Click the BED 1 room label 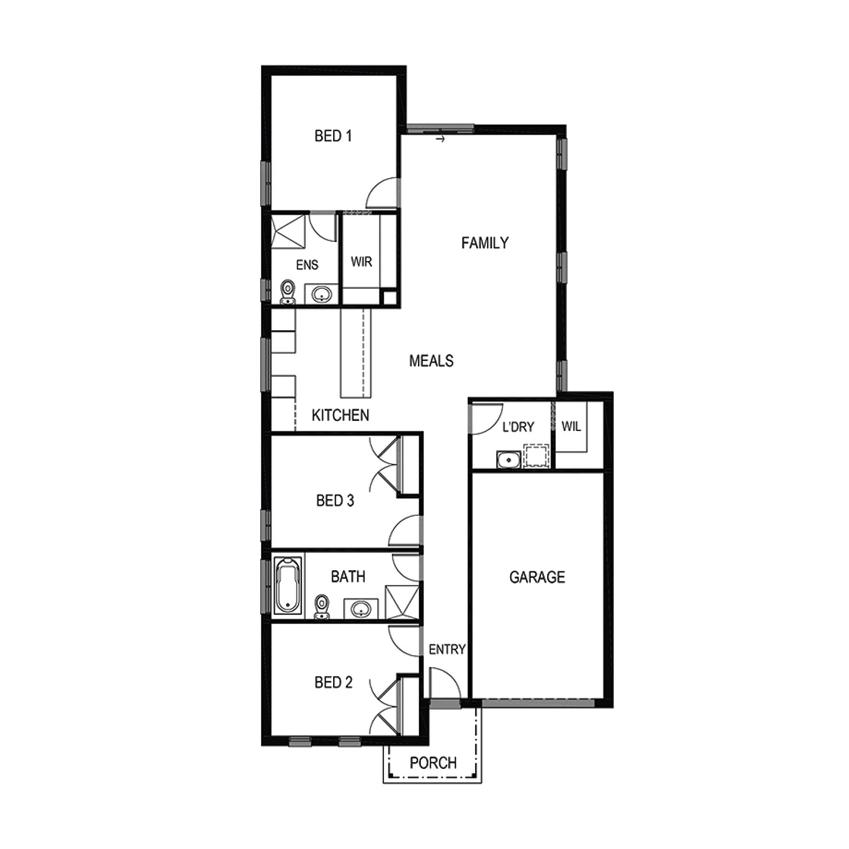click(x=333, y=136)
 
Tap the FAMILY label click(x=484, y=243)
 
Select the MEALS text click(x=431, y=361)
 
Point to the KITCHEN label click(x=340, y=415)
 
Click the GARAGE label click(x=537, y=577)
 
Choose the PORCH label click(x=433, y=763)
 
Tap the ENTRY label click(x=447, y=650)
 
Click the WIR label click(x=362, y=262)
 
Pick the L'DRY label click(x=518, y=427)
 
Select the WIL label click(x=571, y=426)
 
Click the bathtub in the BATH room click(x=288, y=586)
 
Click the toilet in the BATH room click(x=322, y=607)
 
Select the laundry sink click(x=509, y=460)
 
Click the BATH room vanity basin click(x=361, y=609)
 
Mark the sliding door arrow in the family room click(x=441, y=138)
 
